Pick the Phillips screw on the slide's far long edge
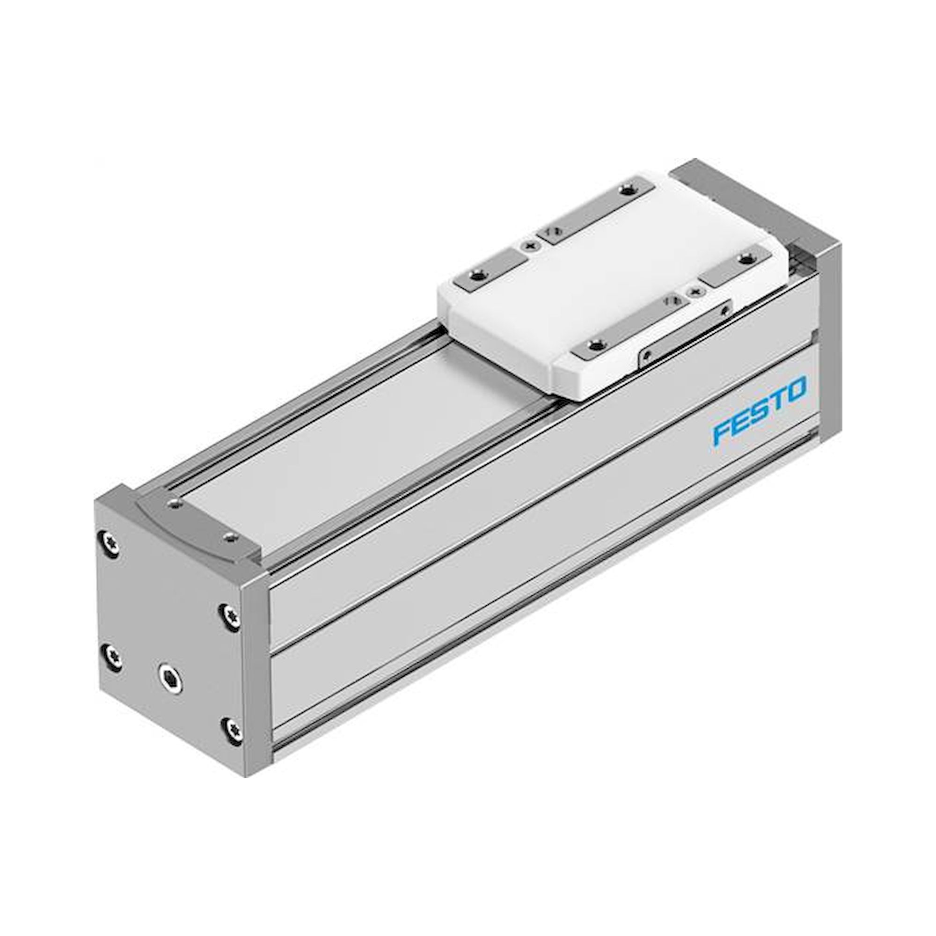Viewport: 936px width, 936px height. (532, 246)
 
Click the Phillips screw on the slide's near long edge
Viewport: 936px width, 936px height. (697, 291)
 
